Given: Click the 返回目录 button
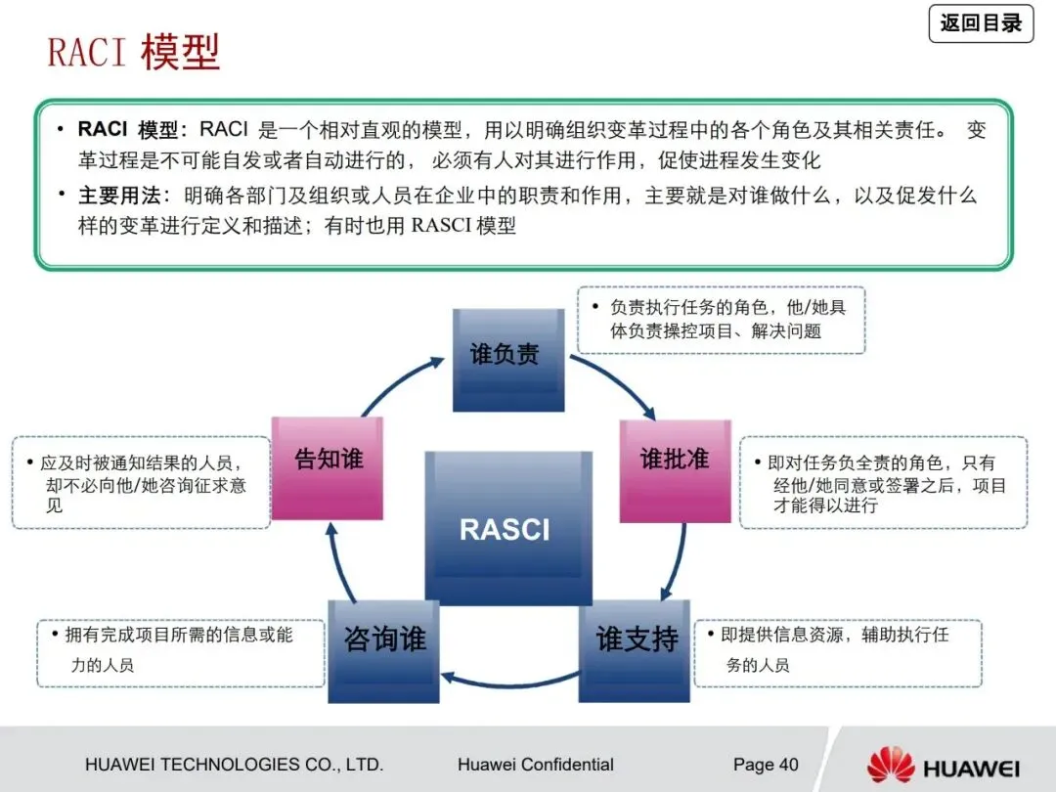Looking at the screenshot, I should point(981,23).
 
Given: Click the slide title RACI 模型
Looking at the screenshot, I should point(134,52).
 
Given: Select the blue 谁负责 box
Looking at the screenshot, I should point(507,358).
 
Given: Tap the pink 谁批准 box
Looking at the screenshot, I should point(675,469).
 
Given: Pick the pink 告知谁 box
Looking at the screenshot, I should point(327,467).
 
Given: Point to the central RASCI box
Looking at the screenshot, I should point(507,528).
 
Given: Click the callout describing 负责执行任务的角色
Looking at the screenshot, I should point(721,320).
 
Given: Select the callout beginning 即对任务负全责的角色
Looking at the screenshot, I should point(883,483).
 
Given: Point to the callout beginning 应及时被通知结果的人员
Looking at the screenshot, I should point(141,483).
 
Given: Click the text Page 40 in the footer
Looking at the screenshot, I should point(766,765).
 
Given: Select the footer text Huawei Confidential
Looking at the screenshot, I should point(535,765).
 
